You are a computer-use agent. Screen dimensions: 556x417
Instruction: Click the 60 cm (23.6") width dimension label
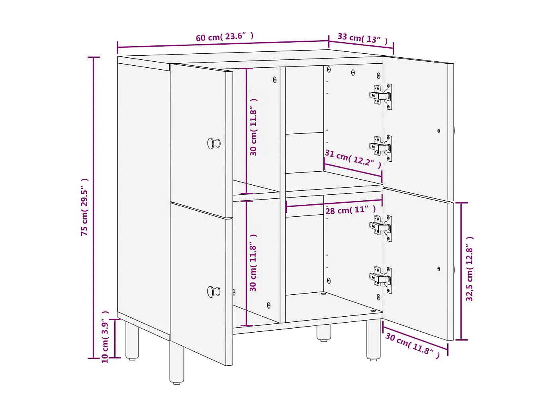pos(224,37)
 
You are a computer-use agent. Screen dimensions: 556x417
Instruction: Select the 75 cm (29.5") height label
pos(84,207)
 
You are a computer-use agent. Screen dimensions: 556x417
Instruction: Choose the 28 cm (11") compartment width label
pos(350,210)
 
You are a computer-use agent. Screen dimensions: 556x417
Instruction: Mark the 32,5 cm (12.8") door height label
pos(470,269)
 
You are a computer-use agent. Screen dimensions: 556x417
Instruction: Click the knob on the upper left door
pos(214,143)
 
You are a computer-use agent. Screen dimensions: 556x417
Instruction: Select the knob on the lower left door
pos(214,292)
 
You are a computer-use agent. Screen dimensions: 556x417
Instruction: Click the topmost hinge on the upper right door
pos(381,97)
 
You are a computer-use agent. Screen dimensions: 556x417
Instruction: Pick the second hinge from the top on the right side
pos(381,148)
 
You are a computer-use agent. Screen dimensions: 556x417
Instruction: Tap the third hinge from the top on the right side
pos(381,228)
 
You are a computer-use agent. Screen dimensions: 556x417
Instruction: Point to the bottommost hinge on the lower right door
pos(381,280)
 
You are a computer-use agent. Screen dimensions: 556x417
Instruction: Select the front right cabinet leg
pos(374,340)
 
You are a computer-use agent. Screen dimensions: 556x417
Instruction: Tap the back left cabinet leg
pos(132,340)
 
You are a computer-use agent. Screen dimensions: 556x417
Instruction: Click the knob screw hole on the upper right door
pos(439,131)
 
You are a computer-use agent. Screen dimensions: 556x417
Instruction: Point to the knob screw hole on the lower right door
pos(439,268)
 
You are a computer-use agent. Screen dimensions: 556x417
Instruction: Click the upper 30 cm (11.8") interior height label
pos(254,127)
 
